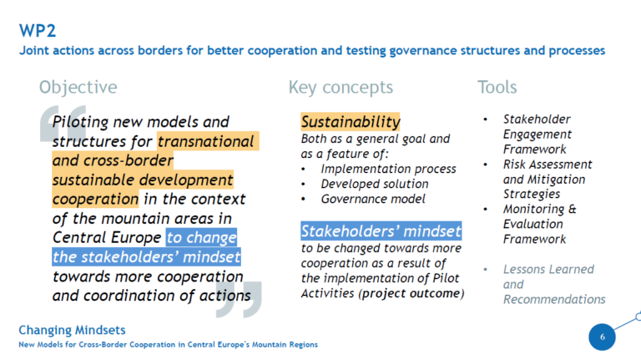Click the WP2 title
[38, 31]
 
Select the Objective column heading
[78, 88]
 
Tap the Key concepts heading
[341, 88]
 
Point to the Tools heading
[497, 87]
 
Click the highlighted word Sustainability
[351, 122]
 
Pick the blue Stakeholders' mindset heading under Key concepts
[381, 231]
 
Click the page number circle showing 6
[602, 337]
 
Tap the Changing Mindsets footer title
[72, 330]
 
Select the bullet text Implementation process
[388, 169]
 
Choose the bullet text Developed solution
[375, 184]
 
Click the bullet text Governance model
[373, 199]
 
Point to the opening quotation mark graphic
[63, 124]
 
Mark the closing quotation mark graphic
[239, 300]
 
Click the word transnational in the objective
[205, 141]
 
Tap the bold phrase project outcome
[411, 294]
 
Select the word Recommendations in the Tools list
[554, 300]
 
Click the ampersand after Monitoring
[573, 209]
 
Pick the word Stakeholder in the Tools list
[537, 119]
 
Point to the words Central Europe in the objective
[107, 238]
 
